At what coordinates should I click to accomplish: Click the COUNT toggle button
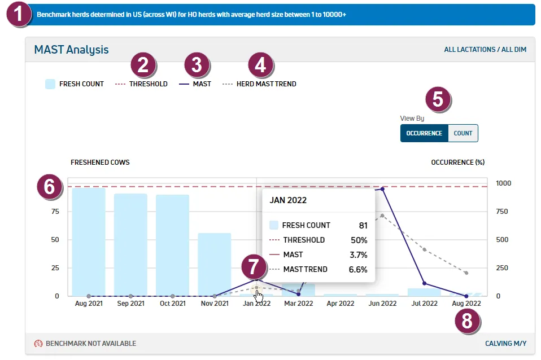point(463,133)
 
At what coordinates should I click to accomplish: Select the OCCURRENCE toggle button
point(424,133)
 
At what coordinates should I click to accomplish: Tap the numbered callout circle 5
point(438,99)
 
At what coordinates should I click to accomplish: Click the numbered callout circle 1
point(19,14)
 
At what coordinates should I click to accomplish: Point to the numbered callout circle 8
point(467,321)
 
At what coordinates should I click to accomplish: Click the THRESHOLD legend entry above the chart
point(141,84)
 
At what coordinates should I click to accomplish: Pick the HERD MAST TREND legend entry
point(259,84)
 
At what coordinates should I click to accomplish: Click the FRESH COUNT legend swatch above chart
point(50,84)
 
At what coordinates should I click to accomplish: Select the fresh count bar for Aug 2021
point(89,242)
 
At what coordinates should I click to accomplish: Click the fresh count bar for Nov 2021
point(214,265)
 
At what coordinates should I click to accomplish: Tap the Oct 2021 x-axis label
point(172,304)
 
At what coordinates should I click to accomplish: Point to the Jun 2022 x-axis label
point(382,304)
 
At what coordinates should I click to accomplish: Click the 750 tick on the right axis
point(502,212)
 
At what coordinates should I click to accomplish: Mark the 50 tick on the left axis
point(55,240)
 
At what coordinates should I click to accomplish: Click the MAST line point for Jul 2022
point(424,283)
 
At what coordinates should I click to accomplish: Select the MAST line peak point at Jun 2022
point(382,189)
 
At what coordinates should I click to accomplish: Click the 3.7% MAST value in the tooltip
point(359,255)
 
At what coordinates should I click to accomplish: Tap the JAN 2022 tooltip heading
point(288,200)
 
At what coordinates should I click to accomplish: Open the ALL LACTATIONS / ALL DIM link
point(485,50)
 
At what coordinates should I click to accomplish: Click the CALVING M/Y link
point(506,344)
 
